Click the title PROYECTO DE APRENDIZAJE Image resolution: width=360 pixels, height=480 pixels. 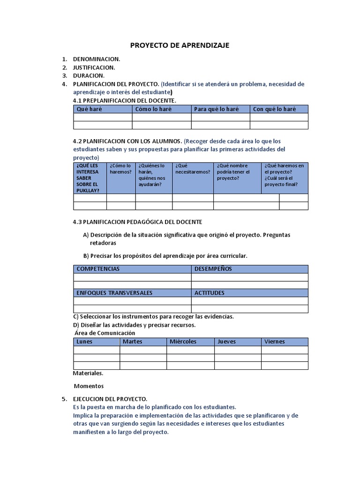pyautogui.click(x=180, y=45)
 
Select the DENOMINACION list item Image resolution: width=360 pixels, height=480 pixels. pyautogui.click(x=96, y=59)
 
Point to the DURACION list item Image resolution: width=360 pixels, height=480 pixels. pyautogui.click(x=89, y=75)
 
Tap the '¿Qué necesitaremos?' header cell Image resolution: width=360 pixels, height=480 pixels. pyautogui.click(x=192, y=169)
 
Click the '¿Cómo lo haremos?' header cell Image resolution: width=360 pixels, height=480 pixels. pyautogui.click(x=121, y=169)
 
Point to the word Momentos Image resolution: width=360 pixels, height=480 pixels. pyautogui.click(x=89, y=386)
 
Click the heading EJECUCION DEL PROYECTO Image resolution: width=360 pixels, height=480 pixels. pyautogui.click(x=110, y=399)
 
